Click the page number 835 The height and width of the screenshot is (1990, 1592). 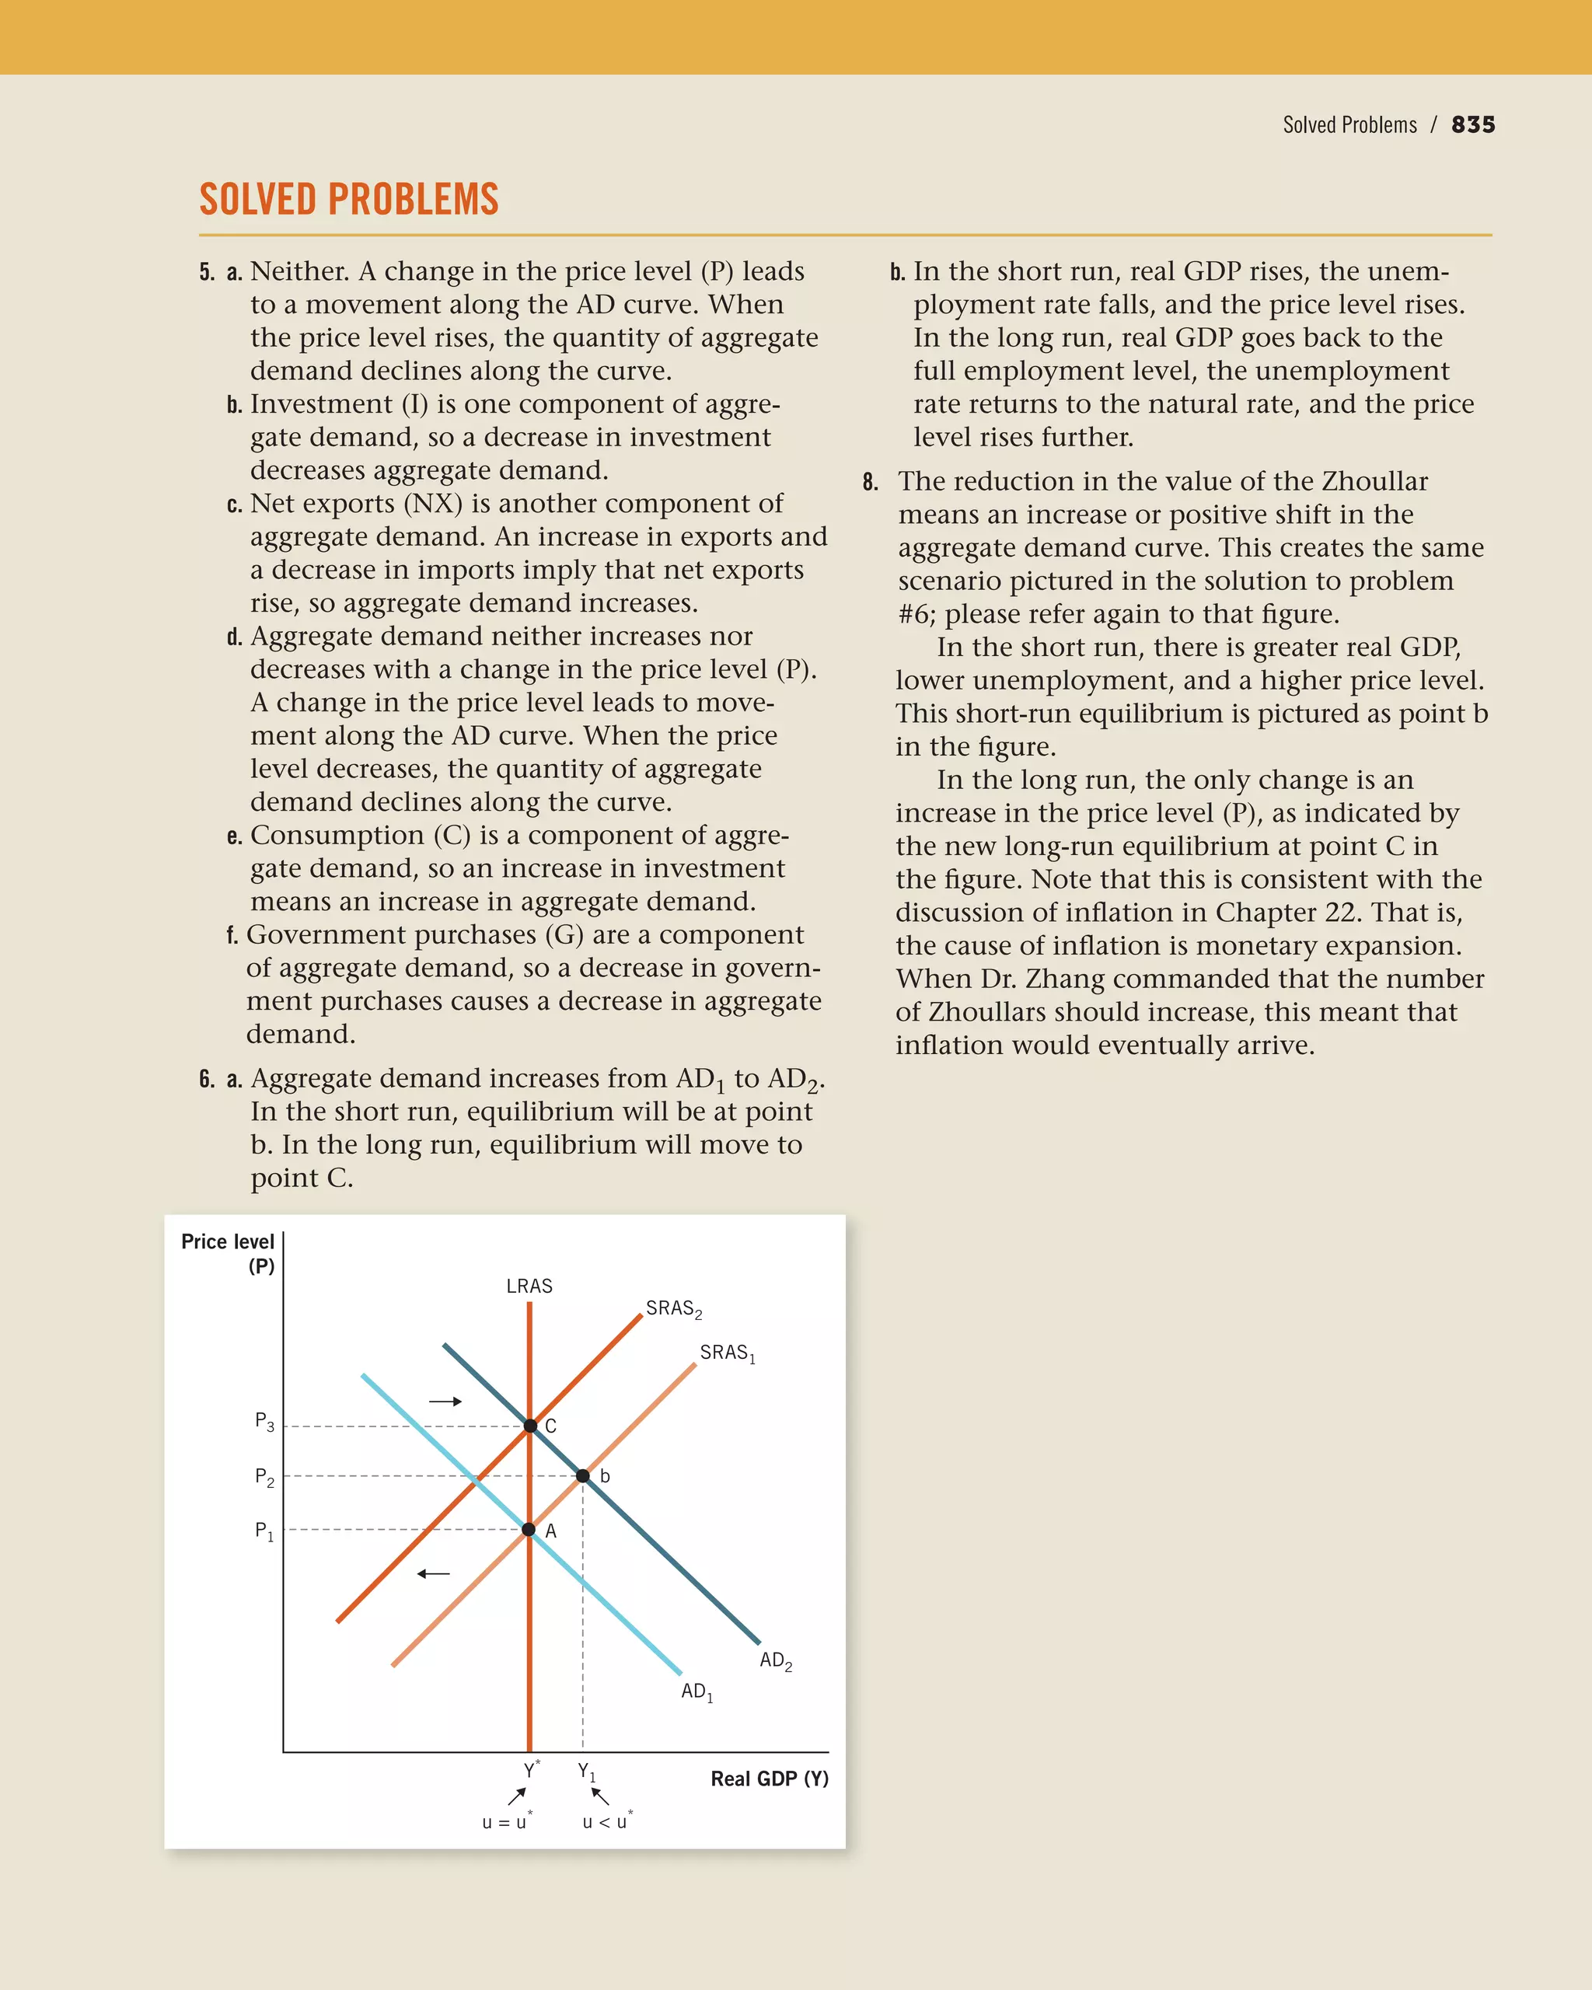click(x=1473, y=124)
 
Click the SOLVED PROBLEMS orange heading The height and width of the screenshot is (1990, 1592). click(x=349, y=199)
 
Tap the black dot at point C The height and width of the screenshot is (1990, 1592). click(x=529, y=1426)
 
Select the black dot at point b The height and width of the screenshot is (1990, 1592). click(x=582, y=1476)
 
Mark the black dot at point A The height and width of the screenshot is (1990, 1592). click(x=529, y=1529)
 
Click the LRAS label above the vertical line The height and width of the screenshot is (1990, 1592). click(x=529, y=1286)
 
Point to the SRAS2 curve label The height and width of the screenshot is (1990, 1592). click(x=674, y=1309)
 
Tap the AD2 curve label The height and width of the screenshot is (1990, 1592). click(x=775, y=1660)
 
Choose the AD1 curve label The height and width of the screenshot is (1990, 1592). click(x=696, y=1691)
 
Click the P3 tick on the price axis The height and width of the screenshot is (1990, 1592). click(x=265, y=1422)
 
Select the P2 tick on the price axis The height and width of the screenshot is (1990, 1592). click(x=265, y=1477)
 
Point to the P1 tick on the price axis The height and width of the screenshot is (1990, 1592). click(x=265, y=1531)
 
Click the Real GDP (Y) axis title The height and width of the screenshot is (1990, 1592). click(x=769, y=1779)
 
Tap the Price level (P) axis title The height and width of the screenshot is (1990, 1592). click(x=228, y=1253)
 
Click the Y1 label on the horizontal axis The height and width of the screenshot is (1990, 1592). click(x=587, y=1772)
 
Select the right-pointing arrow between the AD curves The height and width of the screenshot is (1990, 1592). click(x=445, y=1401)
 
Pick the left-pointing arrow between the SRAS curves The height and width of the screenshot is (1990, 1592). click(x=434, y=1573)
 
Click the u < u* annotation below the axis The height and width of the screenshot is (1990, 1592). click(x=607, y=1822)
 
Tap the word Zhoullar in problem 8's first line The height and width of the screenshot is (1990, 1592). click(x=1374, y=482)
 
